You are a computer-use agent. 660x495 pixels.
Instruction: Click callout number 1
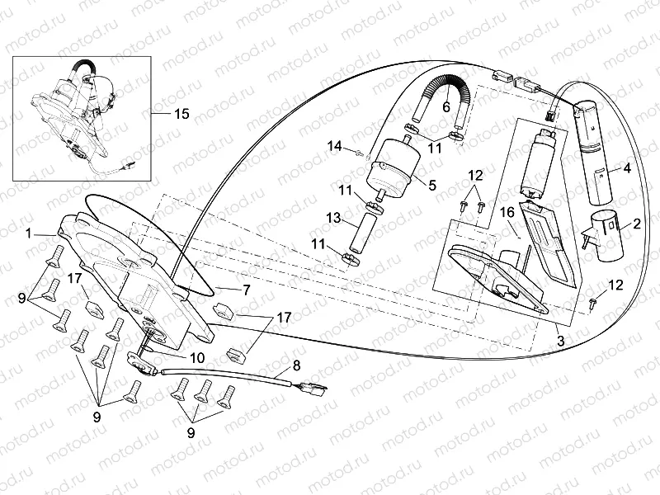click(x=29, y=233)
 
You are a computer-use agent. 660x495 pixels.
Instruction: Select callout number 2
click(x=637, y=224)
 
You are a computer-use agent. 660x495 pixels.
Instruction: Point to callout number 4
click(x=626, y=168)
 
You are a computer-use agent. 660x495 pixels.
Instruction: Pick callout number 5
click(x=431, y=186)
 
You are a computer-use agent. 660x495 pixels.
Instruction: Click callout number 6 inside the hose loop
click(x=445, y=106)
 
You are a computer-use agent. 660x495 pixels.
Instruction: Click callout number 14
click(x=335, y=146)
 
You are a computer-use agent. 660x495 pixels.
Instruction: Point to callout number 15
click(x=181, y=114)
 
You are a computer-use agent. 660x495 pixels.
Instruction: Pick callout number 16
click(x=508, y=212)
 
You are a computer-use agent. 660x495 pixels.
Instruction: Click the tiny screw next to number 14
click(x=359, y=151)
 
